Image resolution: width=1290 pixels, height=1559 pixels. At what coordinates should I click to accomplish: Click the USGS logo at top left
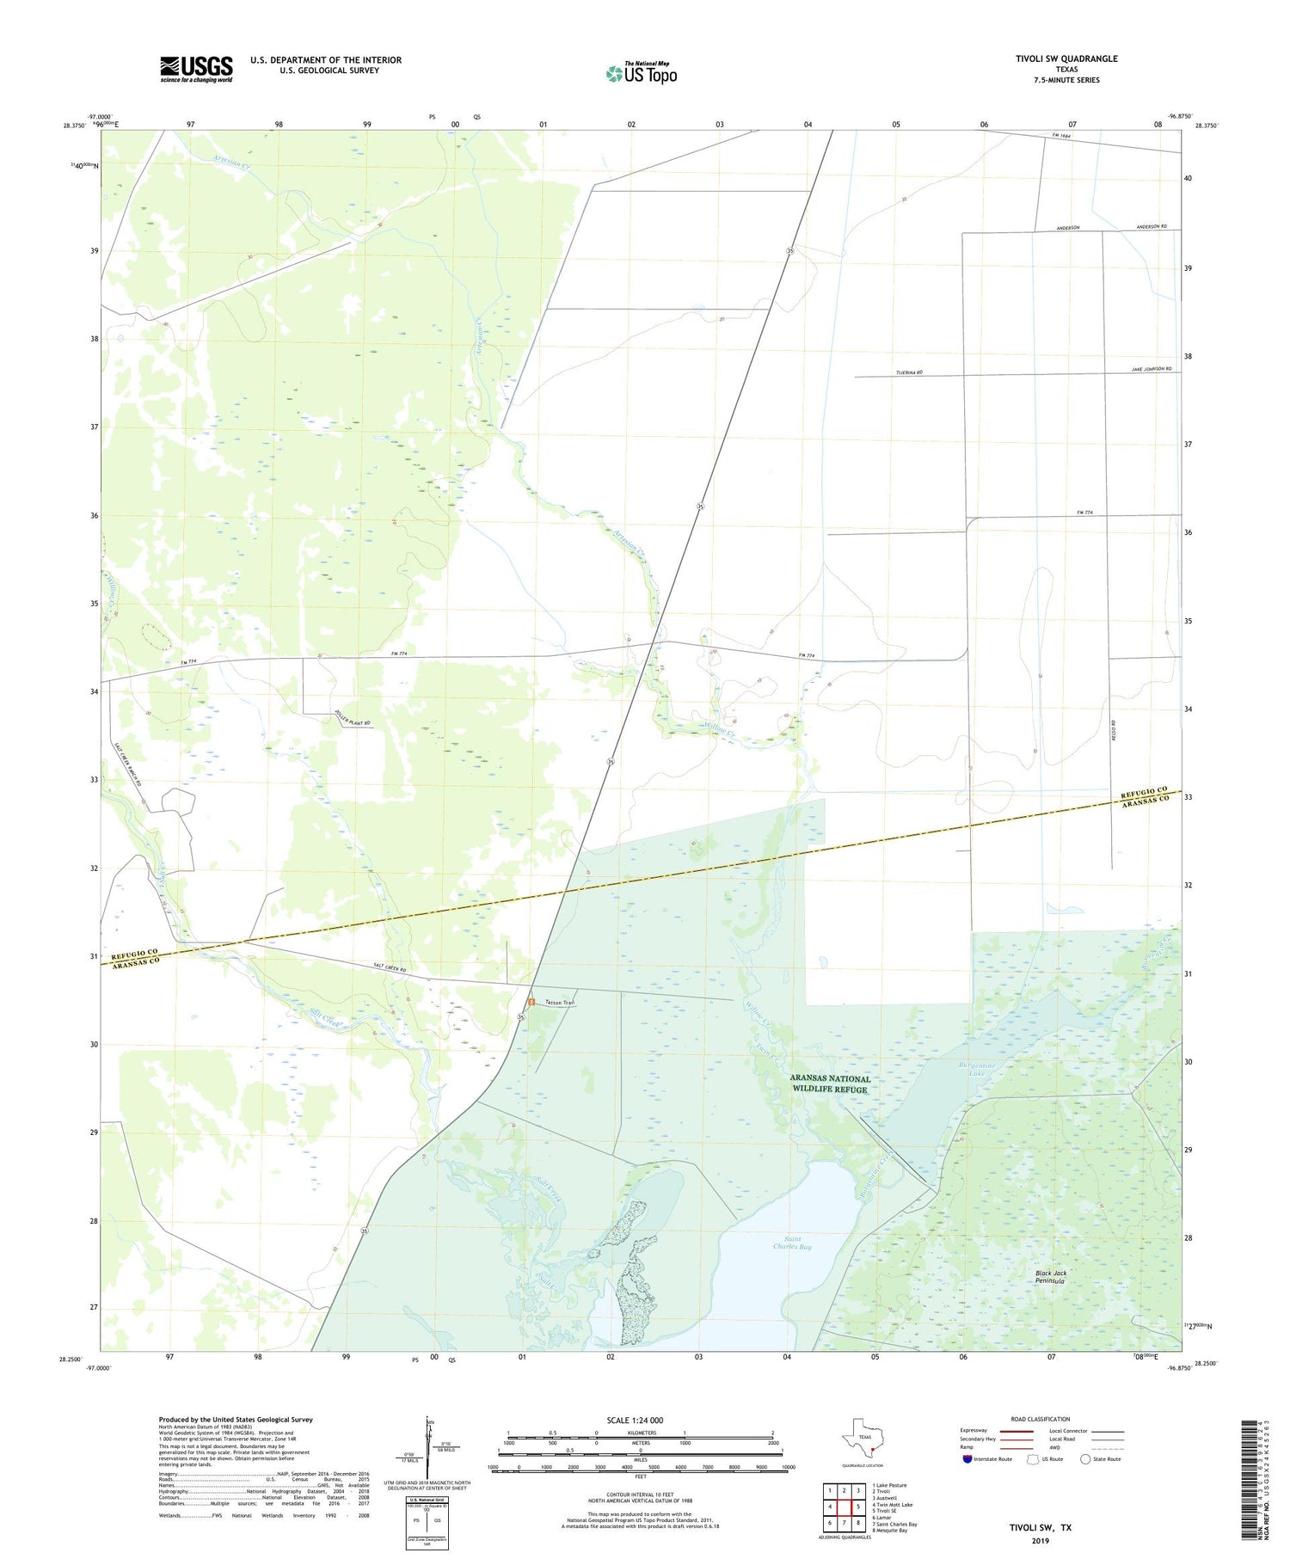click(x=196, y=69)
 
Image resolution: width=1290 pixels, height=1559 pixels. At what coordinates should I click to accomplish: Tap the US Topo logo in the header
click(x=641, y=73)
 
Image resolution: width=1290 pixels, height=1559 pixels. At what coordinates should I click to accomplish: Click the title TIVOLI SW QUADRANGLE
click(x=1066, y=58)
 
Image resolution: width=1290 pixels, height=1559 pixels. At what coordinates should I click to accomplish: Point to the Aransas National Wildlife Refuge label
click(x=830, y=1083)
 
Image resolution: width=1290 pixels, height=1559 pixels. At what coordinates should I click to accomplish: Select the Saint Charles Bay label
click(x=791, y=1243)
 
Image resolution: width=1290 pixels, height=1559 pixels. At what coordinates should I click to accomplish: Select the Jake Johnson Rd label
click(x=1151, y=369)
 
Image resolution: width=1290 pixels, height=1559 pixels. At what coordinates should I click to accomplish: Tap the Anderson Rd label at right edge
click(x=1151, y=226)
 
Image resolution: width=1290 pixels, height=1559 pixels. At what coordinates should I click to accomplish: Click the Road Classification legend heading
click(x=1040, y=1419)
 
